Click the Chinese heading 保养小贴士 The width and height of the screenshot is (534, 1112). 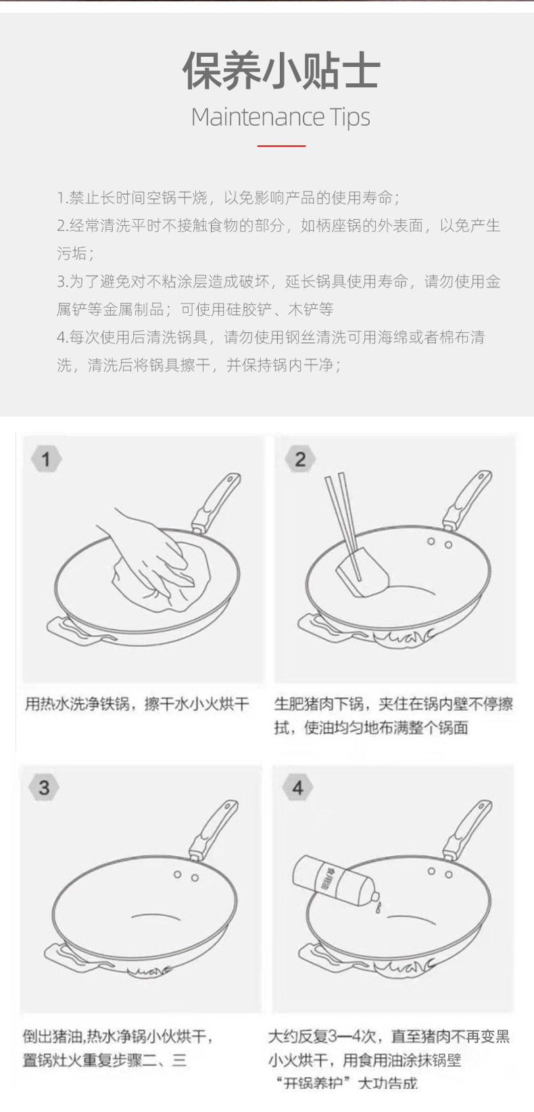click(x=281, y=71)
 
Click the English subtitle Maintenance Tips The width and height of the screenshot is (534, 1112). click(x=281, y=118)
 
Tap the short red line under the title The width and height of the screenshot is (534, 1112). click(x=281, y=145)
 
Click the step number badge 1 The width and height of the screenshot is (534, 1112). click(x=46, y=459)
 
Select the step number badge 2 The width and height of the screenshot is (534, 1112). click(x=300, y=459)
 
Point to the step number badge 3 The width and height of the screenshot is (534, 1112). click(x=44, y=787)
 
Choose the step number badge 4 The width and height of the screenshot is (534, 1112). click(x=298, y=787)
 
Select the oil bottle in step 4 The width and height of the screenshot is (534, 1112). click(x=331, y=883)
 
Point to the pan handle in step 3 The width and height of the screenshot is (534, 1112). click(x=215, y=829)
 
